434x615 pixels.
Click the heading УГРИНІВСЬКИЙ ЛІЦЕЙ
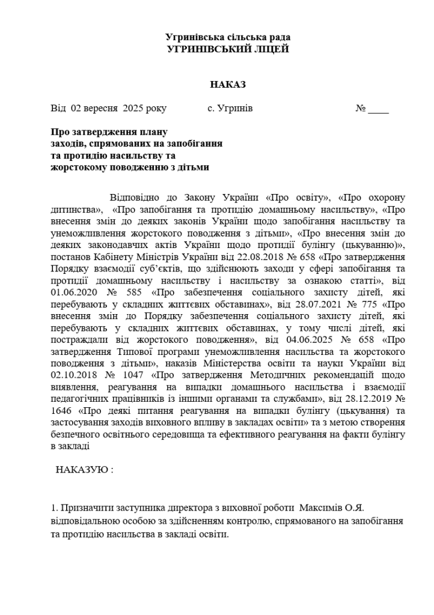coord(228,49)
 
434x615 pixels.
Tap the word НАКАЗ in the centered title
coord(228,85)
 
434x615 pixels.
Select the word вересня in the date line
coord(102,109)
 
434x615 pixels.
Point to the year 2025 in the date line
coord(133,109)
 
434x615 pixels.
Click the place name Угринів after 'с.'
coord(235,109)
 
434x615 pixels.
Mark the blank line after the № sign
coord(379,110)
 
